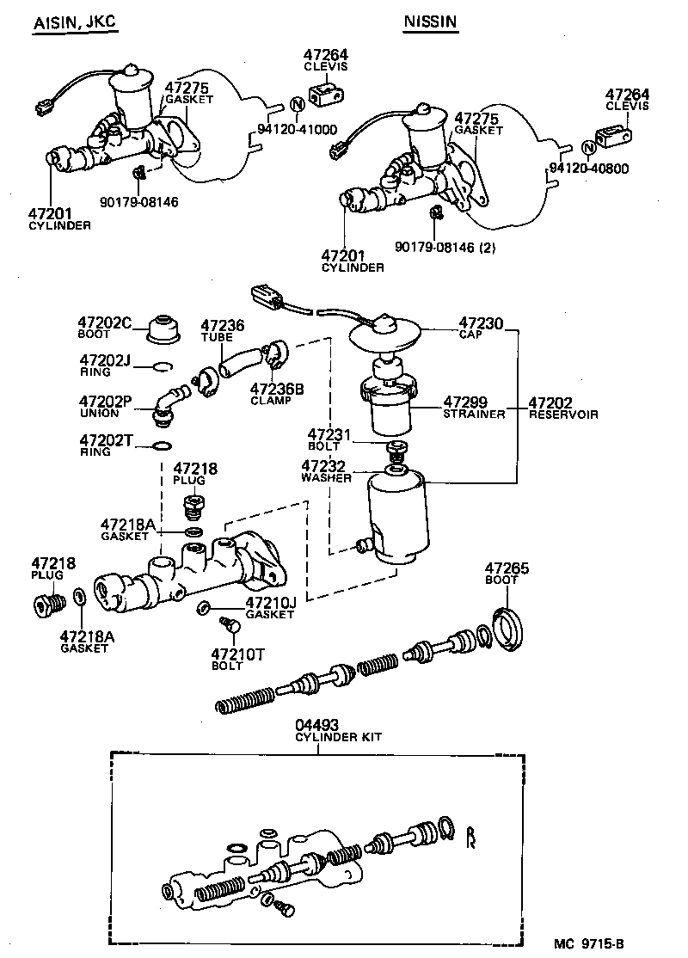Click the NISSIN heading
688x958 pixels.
[430, 24]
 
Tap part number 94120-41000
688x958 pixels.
[297, 131]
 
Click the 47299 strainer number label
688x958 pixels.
[466, 402]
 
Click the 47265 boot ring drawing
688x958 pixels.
[511, 626]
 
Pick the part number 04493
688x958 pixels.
[318, 725]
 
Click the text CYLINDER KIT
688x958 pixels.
[338, 737]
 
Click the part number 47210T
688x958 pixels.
[238, 654]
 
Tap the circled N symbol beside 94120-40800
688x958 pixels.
[588, 148]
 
